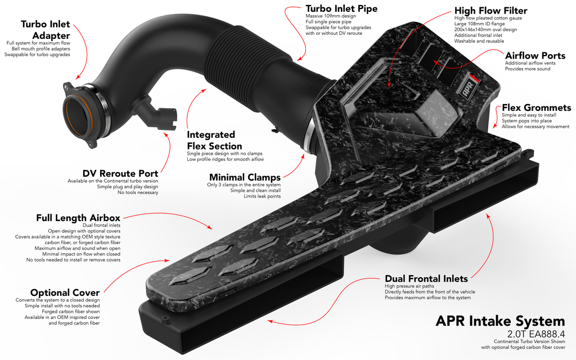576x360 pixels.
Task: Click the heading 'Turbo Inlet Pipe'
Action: [x=341, y=8]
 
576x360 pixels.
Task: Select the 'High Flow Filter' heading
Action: [x=490, y=10]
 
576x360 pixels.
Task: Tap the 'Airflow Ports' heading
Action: [x=535, y=55]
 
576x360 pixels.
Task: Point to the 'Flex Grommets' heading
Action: [x=536, y=107]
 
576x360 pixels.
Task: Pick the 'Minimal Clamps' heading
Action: [x=244, y=177]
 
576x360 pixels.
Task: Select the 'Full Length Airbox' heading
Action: [x=78, y=218]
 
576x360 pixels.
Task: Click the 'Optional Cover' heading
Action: [x=65, y=292]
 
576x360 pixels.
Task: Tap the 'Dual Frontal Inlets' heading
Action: [x=426, y=278]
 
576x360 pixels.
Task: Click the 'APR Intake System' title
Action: [x=500, y=321]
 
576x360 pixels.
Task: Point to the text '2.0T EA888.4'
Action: [x=535, y=334]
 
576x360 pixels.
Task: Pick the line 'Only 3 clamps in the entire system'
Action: [x=244, y=184]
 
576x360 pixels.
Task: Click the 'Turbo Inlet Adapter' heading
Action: [x=45, y=29]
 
